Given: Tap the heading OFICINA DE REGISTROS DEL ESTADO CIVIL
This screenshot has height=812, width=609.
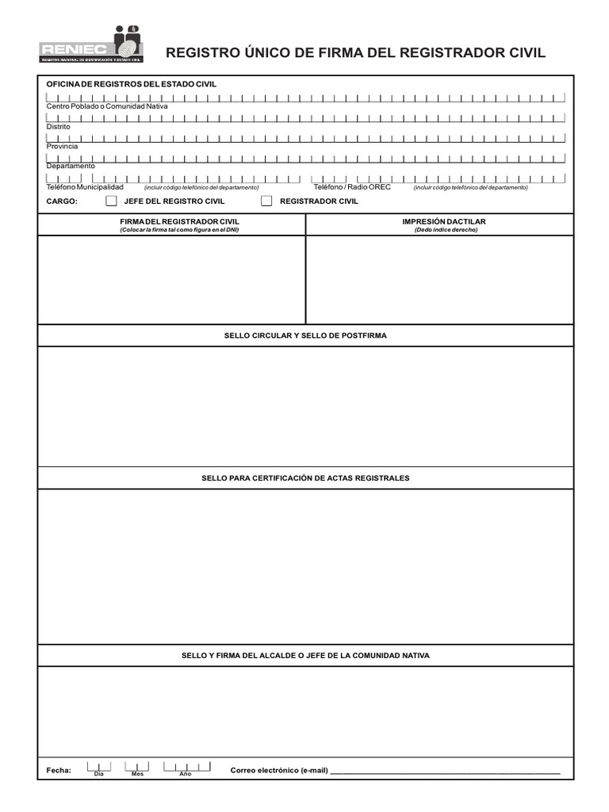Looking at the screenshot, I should pyautogui.click(x=131, y=84).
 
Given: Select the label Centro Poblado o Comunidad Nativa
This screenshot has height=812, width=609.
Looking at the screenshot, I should pyautogui.click(x=107, y=106).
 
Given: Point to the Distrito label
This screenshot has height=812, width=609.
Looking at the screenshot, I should pyautogui.click(x=58, y=127).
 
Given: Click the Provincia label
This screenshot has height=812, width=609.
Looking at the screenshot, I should pyautogui.click(x=62, y=147).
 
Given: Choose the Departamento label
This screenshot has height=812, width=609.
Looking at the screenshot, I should pyautogui.click(x=71, y=167).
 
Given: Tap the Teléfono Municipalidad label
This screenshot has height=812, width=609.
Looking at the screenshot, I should pyautogui.click(x=85, y=187).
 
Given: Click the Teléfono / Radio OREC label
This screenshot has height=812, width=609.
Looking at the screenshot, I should pyautogui.click(x=352, y=187).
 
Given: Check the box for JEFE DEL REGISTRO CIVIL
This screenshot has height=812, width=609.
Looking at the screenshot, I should pyautogui.click(x=112, y=201).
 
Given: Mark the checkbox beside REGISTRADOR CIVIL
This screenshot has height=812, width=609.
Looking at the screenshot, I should pyautogui.click(x=266, y=201).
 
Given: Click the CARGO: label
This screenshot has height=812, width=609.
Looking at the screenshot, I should pyautogui.click(x=62, y=201).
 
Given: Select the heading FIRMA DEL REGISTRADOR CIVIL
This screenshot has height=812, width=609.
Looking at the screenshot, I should pyautogui.click(x=179, y=221).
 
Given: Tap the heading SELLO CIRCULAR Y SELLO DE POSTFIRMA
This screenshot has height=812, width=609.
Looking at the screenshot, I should pyautogui.click(x=305, y=336).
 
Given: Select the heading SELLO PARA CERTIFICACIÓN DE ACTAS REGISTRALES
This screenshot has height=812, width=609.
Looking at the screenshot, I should pyautogui.click(x=305, y=478).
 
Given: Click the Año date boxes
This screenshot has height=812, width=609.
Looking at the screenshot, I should pyautogui.click(x=187, y=766).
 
